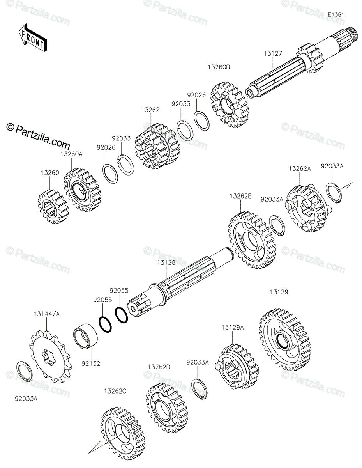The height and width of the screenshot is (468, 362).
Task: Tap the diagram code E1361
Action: click(x=336, y=15)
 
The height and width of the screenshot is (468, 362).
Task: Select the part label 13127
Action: click(x=273, y=54)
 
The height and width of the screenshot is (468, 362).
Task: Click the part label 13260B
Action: click(x=219, y=67)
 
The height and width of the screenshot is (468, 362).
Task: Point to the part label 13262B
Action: click(x=240, y=196)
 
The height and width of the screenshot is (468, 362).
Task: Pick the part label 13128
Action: click(x=166, y=262)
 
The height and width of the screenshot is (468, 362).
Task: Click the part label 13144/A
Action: click(x=46, y=314)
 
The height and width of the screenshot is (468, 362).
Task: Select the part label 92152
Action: click(x=91, y=364)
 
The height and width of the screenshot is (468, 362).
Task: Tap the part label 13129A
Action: click(x=233, y=328)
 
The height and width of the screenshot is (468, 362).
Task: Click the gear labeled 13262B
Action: click(x=252, y=240)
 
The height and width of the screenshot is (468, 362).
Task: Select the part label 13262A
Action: click(x=300, y=169)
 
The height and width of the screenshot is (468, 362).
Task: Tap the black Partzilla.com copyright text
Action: click(x=38, y=136)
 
